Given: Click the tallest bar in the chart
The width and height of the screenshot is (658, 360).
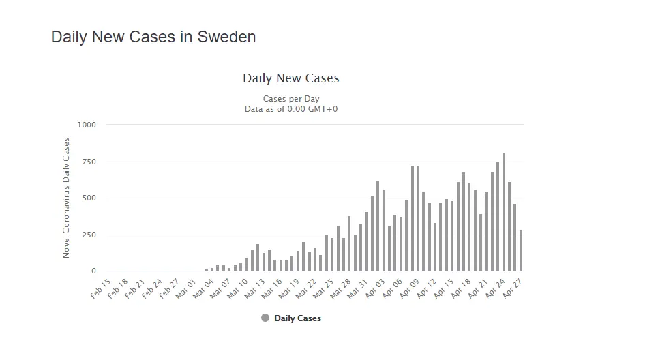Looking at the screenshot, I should coord(504,211).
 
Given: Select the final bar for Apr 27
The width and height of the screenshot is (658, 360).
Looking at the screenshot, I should coord(521,250).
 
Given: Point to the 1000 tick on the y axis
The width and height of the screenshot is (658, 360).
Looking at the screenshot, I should coord(87,125).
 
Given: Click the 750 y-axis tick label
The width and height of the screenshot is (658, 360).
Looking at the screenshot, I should coord(89,162).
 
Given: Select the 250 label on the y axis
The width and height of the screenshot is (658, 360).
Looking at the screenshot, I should coord(89,235).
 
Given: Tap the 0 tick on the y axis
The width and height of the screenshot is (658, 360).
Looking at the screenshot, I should coord(93,271).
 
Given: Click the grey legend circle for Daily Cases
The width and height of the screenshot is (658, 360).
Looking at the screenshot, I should coord(265,318).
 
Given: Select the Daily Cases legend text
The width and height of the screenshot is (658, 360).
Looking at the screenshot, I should coord(297,318).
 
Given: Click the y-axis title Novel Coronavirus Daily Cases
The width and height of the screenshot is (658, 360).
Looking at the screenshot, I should coord(66,198).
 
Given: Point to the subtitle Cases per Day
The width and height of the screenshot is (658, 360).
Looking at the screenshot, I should coord(291,99).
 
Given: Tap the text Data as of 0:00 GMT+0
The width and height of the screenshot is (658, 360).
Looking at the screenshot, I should coord(291,109).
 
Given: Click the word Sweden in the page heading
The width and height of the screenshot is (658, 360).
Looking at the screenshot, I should coord(226,37).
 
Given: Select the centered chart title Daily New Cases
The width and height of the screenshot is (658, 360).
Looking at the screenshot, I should coord(291,78).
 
